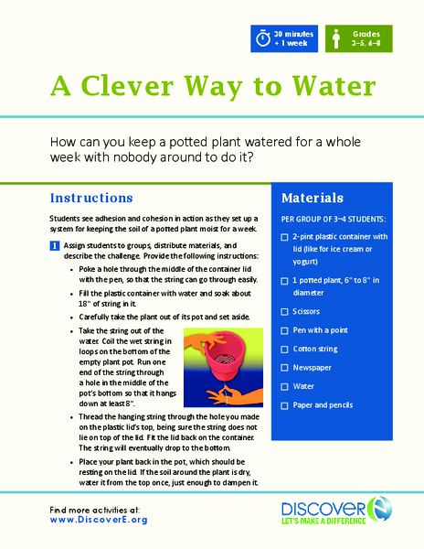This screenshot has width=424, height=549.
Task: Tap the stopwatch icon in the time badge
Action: (x=264, y=40)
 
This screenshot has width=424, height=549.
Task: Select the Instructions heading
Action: (x=91, y=198)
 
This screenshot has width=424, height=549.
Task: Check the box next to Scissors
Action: (x=286, y=310)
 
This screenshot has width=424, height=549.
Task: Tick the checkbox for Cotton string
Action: (x=286, y=349)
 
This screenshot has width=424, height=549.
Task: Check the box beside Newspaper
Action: (x=286, y=368)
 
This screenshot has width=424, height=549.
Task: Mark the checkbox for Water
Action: (x=286, y=387)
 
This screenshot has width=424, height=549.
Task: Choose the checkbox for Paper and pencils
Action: (x=286, y=406)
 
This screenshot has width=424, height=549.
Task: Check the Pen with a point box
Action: (x=286, y=329)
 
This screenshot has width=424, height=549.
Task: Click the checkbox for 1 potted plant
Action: (x=286, y=280)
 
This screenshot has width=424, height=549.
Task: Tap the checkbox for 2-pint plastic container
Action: (x=286, y=237)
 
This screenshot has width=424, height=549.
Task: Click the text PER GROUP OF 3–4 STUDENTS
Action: (x=334, y=220)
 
